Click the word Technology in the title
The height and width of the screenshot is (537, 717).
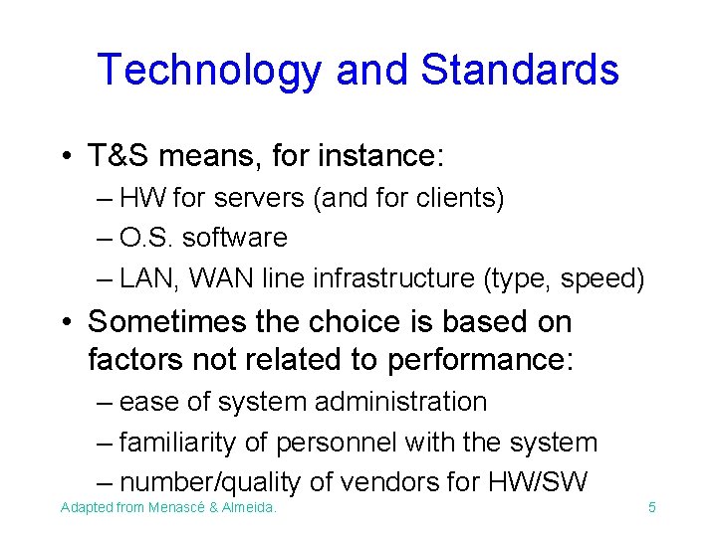pyautogui.click(x=209, y=71)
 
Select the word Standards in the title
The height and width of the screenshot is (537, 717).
pyautogui.click(x=520, y=71)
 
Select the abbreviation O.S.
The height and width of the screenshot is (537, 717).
pyautogui.click(x=145, y=238)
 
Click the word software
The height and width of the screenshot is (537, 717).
pyautogui.click(x=234, y=238)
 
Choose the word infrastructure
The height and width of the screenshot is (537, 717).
pyautogui.click(x=385, y=278)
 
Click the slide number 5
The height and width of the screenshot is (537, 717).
pyautogui.click(x=651, y=508)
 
